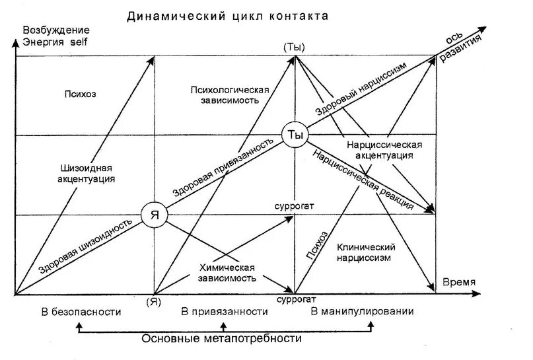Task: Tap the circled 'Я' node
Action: pos(154,215)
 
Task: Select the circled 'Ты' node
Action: pos(295,135)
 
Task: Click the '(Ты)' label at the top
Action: pos(294,47)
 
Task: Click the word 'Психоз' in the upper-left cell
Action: pos(81,93)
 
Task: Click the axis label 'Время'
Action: pos(458,282)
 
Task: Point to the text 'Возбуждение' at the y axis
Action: pos(56,31)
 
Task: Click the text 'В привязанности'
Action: pos(225,312)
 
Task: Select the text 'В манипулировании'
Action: pos(362,312)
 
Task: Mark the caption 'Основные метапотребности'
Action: pos(222,339)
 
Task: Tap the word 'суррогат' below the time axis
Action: pos(294,300)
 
